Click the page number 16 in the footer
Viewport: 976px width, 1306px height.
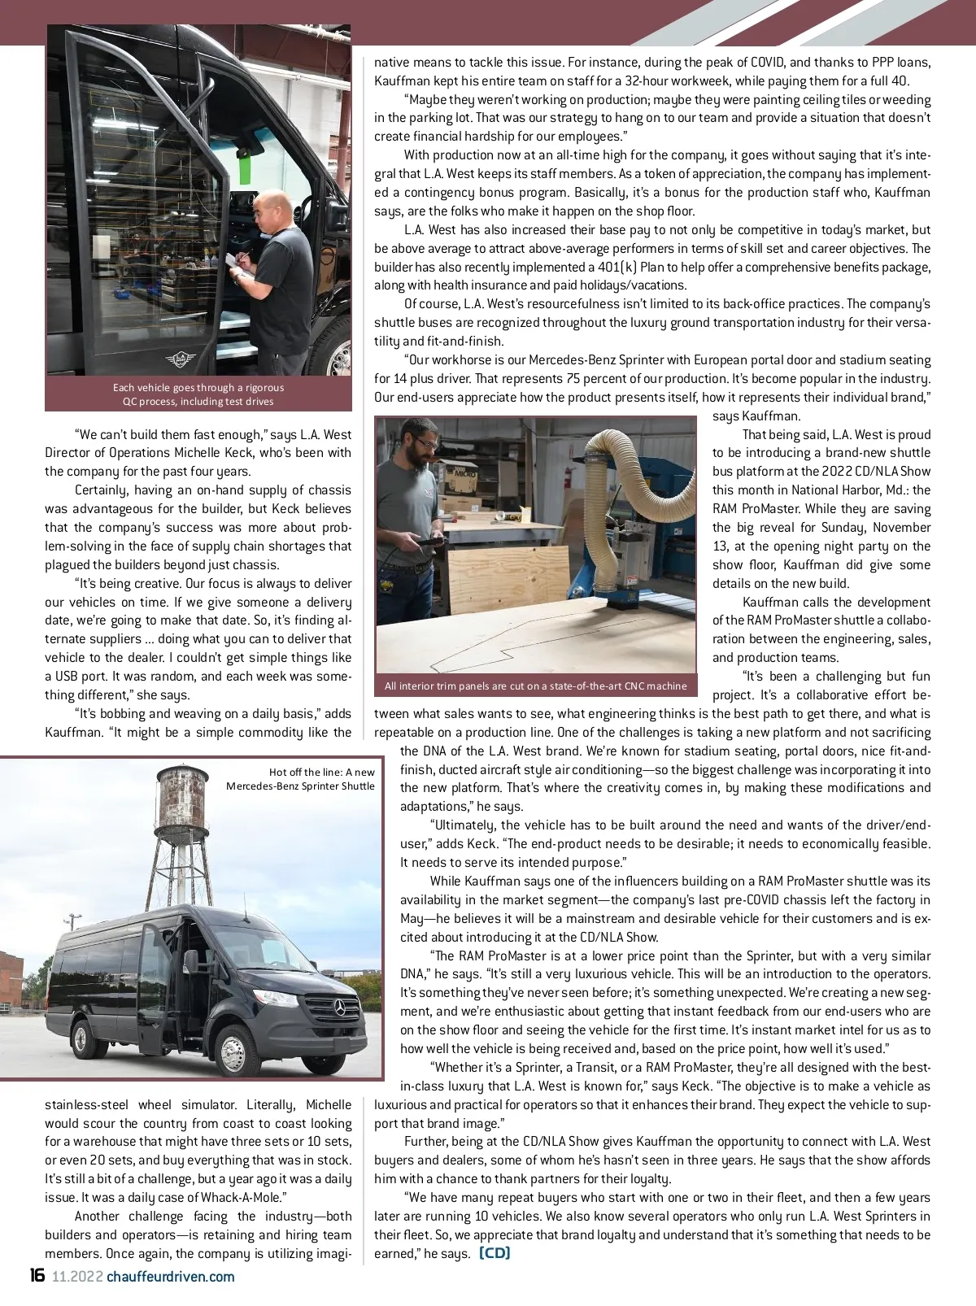tap(37, 1275)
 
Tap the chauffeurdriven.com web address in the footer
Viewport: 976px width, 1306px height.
tap(171, 1276)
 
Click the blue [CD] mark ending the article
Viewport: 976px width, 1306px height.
tap(495, 1252)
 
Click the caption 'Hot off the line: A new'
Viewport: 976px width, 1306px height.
tap(322, 772)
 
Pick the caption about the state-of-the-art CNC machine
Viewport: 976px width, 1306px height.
tap(535, 686)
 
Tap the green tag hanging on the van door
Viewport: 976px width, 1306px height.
tap(243, 166)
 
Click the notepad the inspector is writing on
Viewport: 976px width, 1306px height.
tap(233, 259)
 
